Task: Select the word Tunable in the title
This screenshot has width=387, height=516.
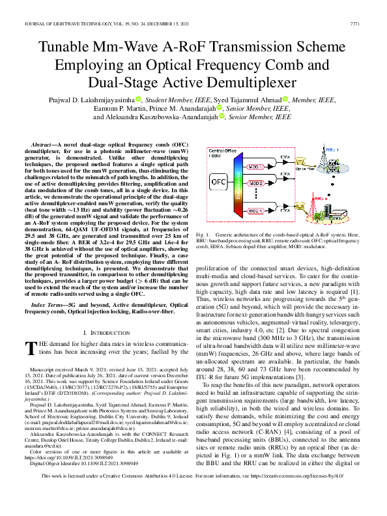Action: [70, 48]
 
